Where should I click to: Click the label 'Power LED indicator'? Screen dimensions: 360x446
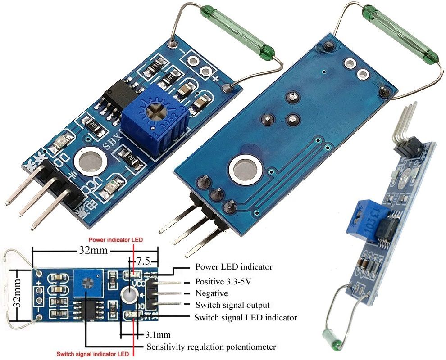pos(234,266)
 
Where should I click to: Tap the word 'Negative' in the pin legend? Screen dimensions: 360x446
pos(212,293)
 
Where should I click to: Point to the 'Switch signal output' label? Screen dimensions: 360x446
pos(232,305)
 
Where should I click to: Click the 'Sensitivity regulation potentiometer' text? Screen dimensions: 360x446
pos(211,347)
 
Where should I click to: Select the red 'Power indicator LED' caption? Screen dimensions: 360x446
pos(116,240)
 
